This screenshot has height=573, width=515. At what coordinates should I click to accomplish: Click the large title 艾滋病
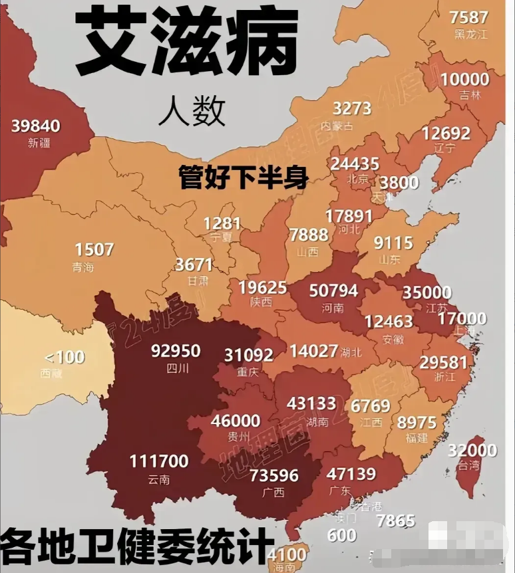(186, 44)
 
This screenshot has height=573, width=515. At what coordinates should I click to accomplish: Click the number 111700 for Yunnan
(159, 461)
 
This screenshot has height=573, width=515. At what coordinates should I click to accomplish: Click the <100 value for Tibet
(65, 357)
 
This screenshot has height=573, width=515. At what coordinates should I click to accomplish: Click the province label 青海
(84, 267)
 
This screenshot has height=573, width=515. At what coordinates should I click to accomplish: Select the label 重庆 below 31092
(248, 372)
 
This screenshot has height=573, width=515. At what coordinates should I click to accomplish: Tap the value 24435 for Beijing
(355, 164)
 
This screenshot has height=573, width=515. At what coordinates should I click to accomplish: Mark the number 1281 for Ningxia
(222, 223)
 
